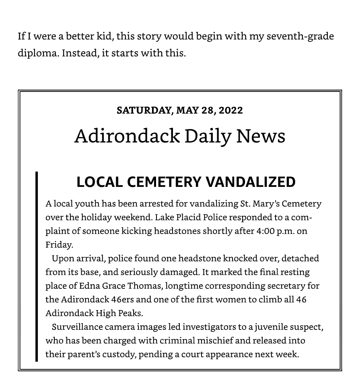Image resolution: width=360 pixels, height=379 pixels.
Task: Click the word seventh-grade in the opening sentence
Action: pyautogui.click(x=300, y=37)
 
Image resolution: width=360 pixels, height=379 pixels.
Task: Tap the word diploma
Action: pyautogui.click(x=38, y=53)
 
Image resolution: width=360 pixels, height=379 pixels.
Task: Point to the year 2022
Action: pyautogui.click(x=231, y=110)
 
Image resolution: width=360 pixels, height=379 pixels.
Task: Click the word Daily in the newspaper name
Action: pyautogui.click(x=208, y=136)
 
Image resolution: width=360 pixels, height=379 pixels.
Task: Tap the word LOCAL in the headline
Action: pyautogui.click(x=99, y=182)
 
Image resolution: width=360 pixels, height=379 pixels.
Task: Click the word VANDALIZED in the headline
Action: pyautogui.click(x=251, y=182)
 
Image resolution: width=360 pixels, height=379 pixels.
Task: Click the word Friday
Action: pyautogui.click(x=58, y=245)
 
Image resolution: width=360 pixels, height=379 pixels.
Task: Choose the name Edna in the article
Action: pyautogui.click(x=89, y=286)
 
